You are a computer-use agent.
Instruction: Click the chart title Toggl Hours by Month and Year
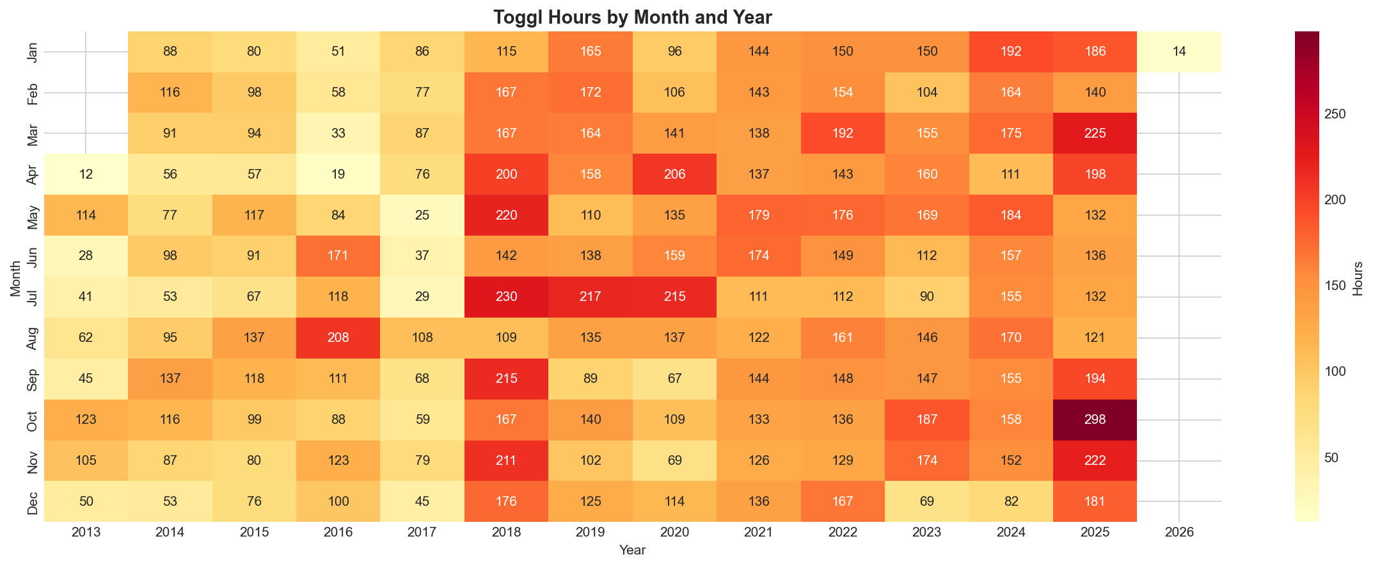(x=632, y=17)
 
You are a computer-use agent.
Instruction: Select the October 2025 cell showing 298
(x=1095, y=420)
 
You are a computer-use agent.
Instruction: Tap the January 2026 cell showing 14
(x=1179, y=52)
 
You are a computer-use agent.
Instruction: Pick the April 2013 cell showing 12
(x=86, y=174)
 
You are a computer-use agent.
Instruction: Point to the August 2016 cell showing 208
(x=338, y=338)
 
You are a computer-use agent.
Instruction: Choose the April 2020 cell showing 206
(x=674, y=174)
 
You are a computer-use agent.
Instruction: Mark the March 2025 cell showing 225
(x=1095, y=133)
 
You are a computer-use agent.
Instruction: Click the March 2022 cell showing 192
(x=843, y=133)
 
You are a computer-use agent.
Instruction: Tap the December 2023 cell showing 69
(x=927, y=501)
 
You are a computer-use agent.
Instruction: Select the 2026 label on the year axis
(x=1179, y=533)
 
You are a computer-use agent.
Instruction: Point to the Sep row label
(x=33, y=379)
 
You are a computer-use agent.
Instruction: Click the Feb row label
(x=33, y=93)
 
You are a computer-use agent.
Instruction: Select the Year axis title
(x=632, y=550)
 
